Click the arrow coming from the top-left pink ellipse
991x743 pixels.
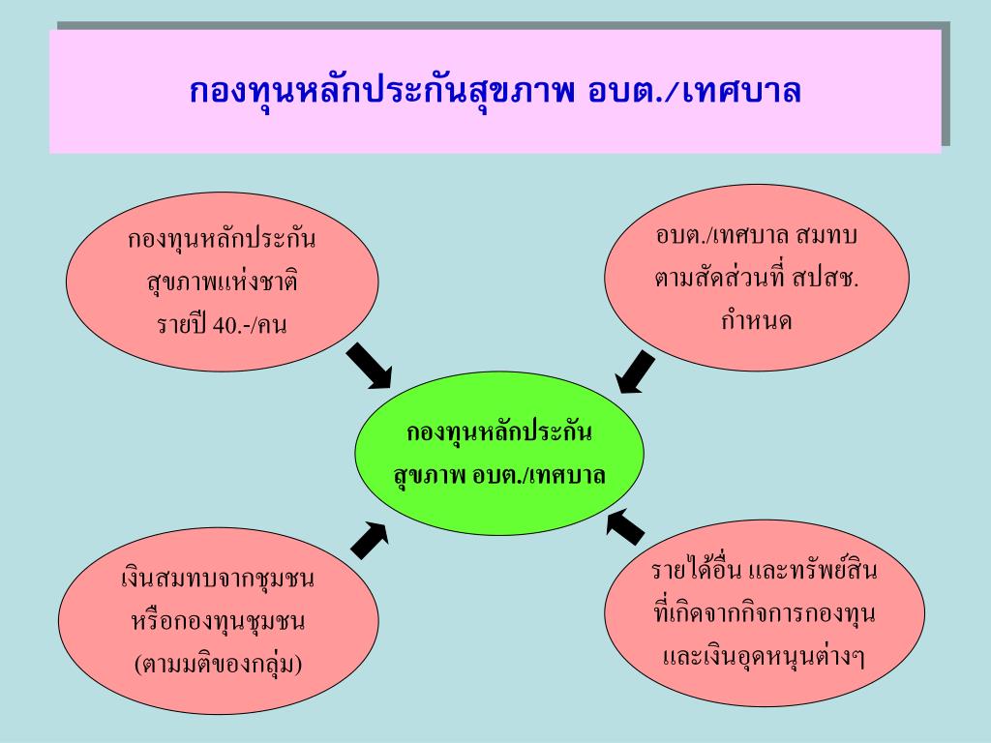point(369,366)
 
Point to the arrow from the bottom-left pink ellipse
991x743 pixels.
point(369,539)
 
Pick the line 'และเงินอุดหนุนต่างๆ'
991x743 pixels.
point(764,657)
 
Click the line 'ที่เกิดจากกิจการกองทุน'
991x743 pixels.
point(764,613)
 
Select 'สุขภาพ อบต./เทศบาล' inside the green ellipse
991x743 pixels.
point(499,476)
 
